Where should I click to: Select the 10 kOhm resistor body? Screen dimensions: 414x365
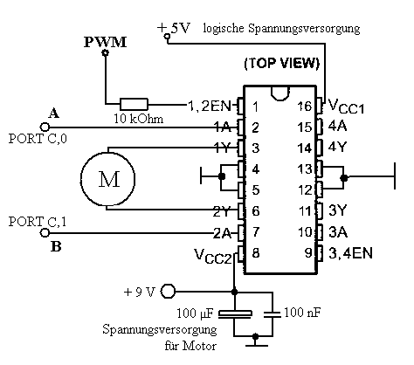[134, 104]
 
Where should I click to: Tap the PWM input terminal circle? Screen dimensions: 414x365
[106, 52]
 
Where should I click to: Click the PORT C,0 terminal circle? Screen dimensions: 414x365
[45, 127]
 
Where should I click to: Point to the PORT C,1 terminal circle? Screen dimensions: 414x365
[45, 233]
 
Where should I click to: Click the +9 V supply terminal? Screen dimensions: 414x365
[168, 291]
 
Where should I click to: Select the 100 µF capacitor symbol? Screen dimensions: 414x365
[235, 313]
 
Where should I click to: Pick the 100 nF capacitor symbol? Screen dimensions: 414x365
[273, 314]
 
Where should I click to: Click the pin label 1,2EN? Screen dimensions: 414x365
[209, 107]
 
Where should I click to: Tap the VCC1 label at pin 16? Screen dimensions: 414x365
[346, 106]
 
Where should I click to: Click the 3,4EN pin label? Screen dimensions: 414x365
[350, 253]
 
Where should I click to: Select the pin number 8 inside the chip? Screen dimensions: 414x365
[255, 253]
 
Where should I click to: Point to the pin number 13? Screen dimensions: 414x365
[305, 169]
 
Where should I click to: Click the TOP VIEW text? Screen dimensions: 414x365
[282, 63]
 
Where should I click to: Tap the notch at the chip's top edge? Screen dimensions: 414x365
[280, 93]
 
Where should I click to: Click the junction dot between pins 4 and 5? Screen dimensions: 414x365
[222, 176]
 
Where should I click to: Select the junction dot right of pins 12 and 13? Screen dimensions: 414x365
[344, 177]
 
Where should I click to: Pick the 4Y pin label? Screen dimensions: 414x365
[337, 147]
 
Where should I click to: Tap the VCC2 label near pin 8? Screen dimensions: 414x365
[213, 257]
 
